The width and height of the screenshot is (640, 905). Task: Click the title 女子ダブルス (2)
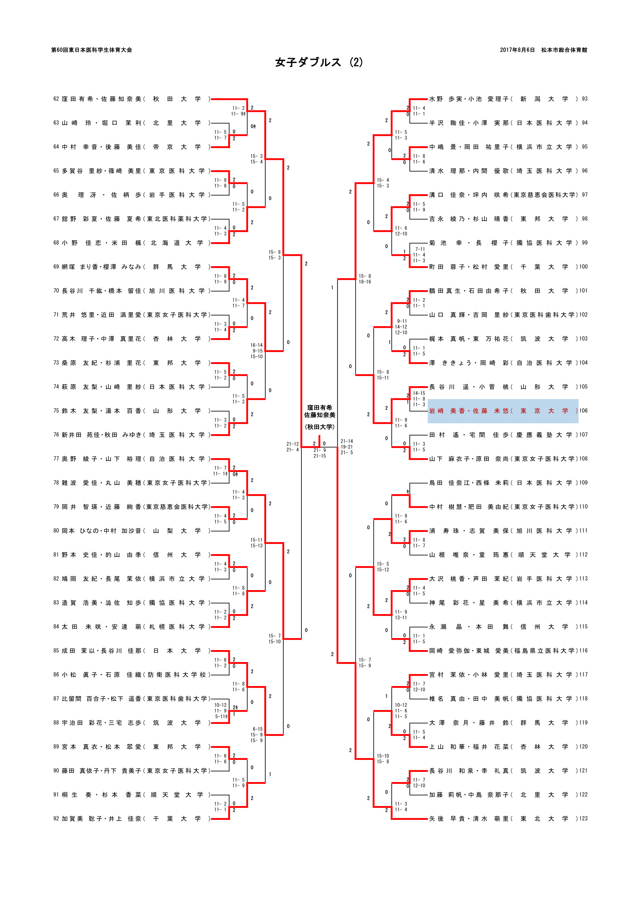pyautogui.click(x=319, y=62)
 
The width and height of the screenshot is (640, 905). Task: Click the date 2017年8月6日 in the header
pyautogui.click(x=517, y=50)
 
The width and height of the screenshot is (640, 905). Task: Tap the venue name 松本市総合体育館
pyautogui.click(x=564, y=50)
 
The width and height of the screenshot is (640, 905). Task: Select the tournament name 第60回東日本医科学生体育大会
pyautogui.click(x=91, y=50)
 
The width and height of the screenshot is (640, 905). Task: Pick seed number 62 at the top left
pyautogui.click(x=56, y=99)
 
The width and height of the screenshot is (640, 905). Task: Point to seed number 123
pyautogui.click(x=583, y=819)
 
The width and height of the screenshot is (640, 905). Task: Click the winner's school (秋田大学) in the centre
pyautogui.click(x=319, y=427)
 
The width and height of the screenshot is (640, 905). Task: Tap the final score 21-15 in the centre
pyautogui.click(x=320, y=456)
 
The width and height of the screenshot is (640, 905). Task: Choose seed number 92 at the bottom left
pyautogui.click(x=56, y=819)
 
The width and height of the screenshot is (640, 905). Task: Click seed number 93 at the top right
pyautogui.click(x=584, y=99)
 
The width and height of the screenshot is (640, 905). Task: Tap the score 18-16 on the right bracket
pyautogui.click(x=364, y=282)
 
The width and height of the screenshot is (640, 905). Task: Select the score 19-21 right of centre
pyautogui.click(x=347, y=447)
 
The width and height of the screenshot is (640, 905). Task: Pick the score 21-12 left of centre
pyautogui.click(x=293, y=444)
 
